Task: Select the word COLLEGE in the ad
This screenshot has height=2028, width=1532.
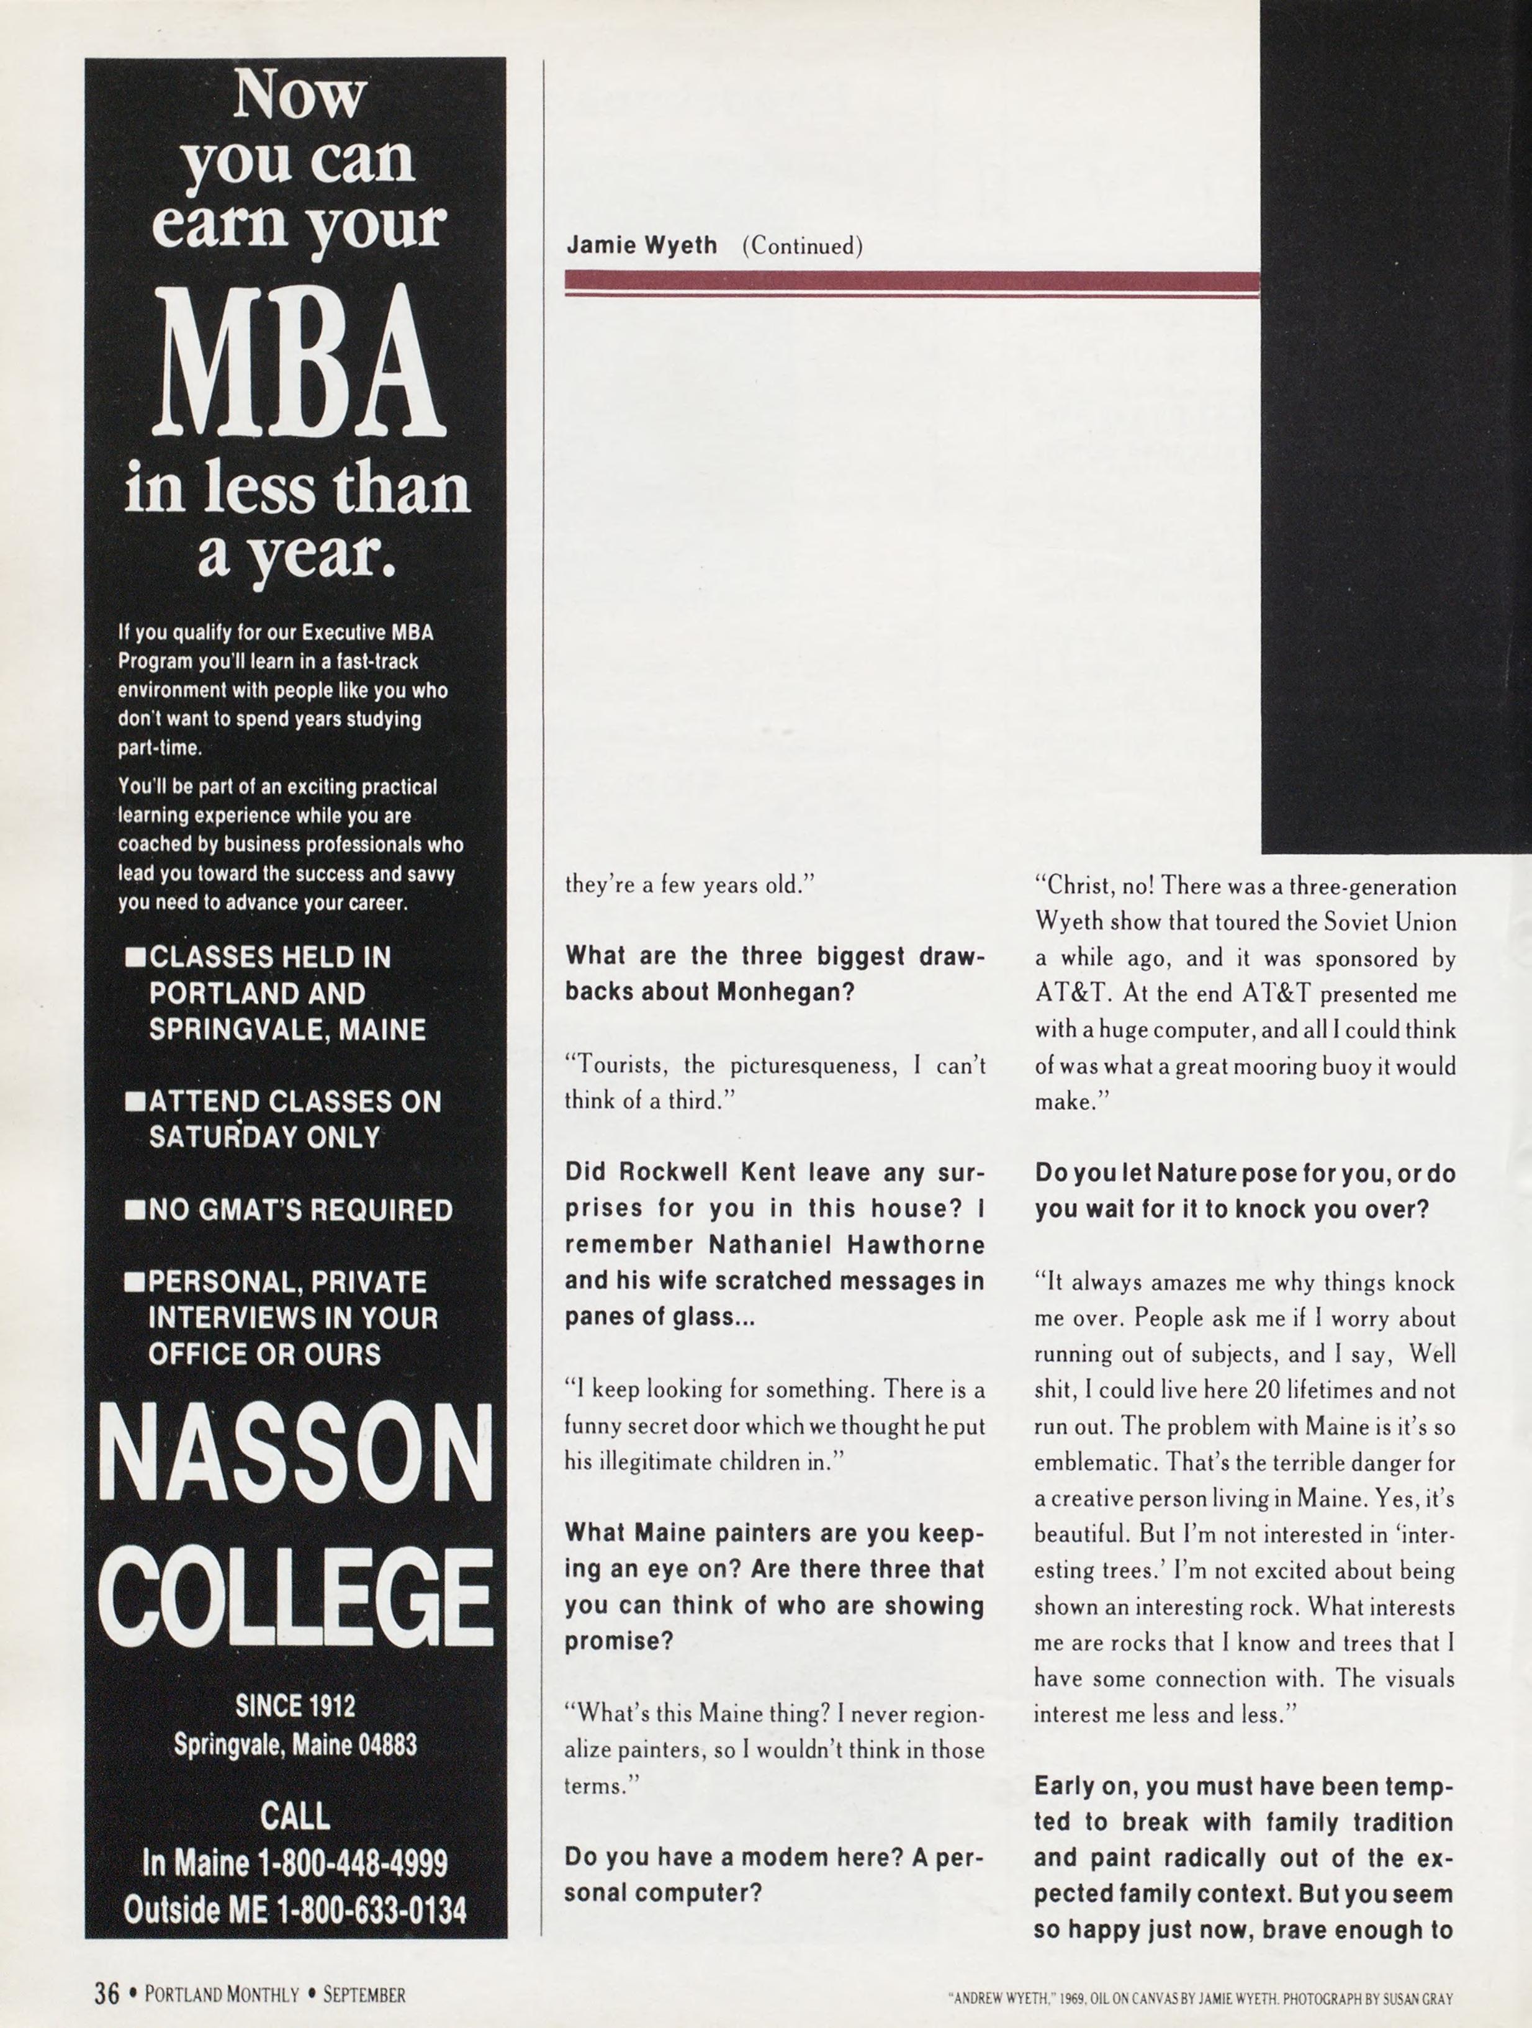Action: tap(295, 1597)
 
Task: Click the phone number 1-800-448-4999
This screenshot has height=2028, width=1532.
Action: tap(353, 1863)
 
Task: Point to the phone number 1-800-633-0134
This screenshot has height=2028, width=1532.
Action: tap(371, 1909)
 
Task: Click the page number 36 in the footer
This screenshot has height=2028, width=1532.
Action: tap(106, 1993)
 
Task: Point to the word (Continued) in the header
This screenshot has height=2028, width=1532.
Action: tap(802, 246)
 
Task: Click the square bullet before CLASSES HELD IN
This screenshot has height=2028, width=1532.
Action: tap(135, 958)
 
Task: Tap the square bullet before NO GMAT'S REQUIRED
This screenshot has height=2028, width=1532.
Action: tap(135, 1211)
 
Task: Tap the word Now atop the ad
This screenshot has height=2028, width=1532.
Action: tap(298, 96)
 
